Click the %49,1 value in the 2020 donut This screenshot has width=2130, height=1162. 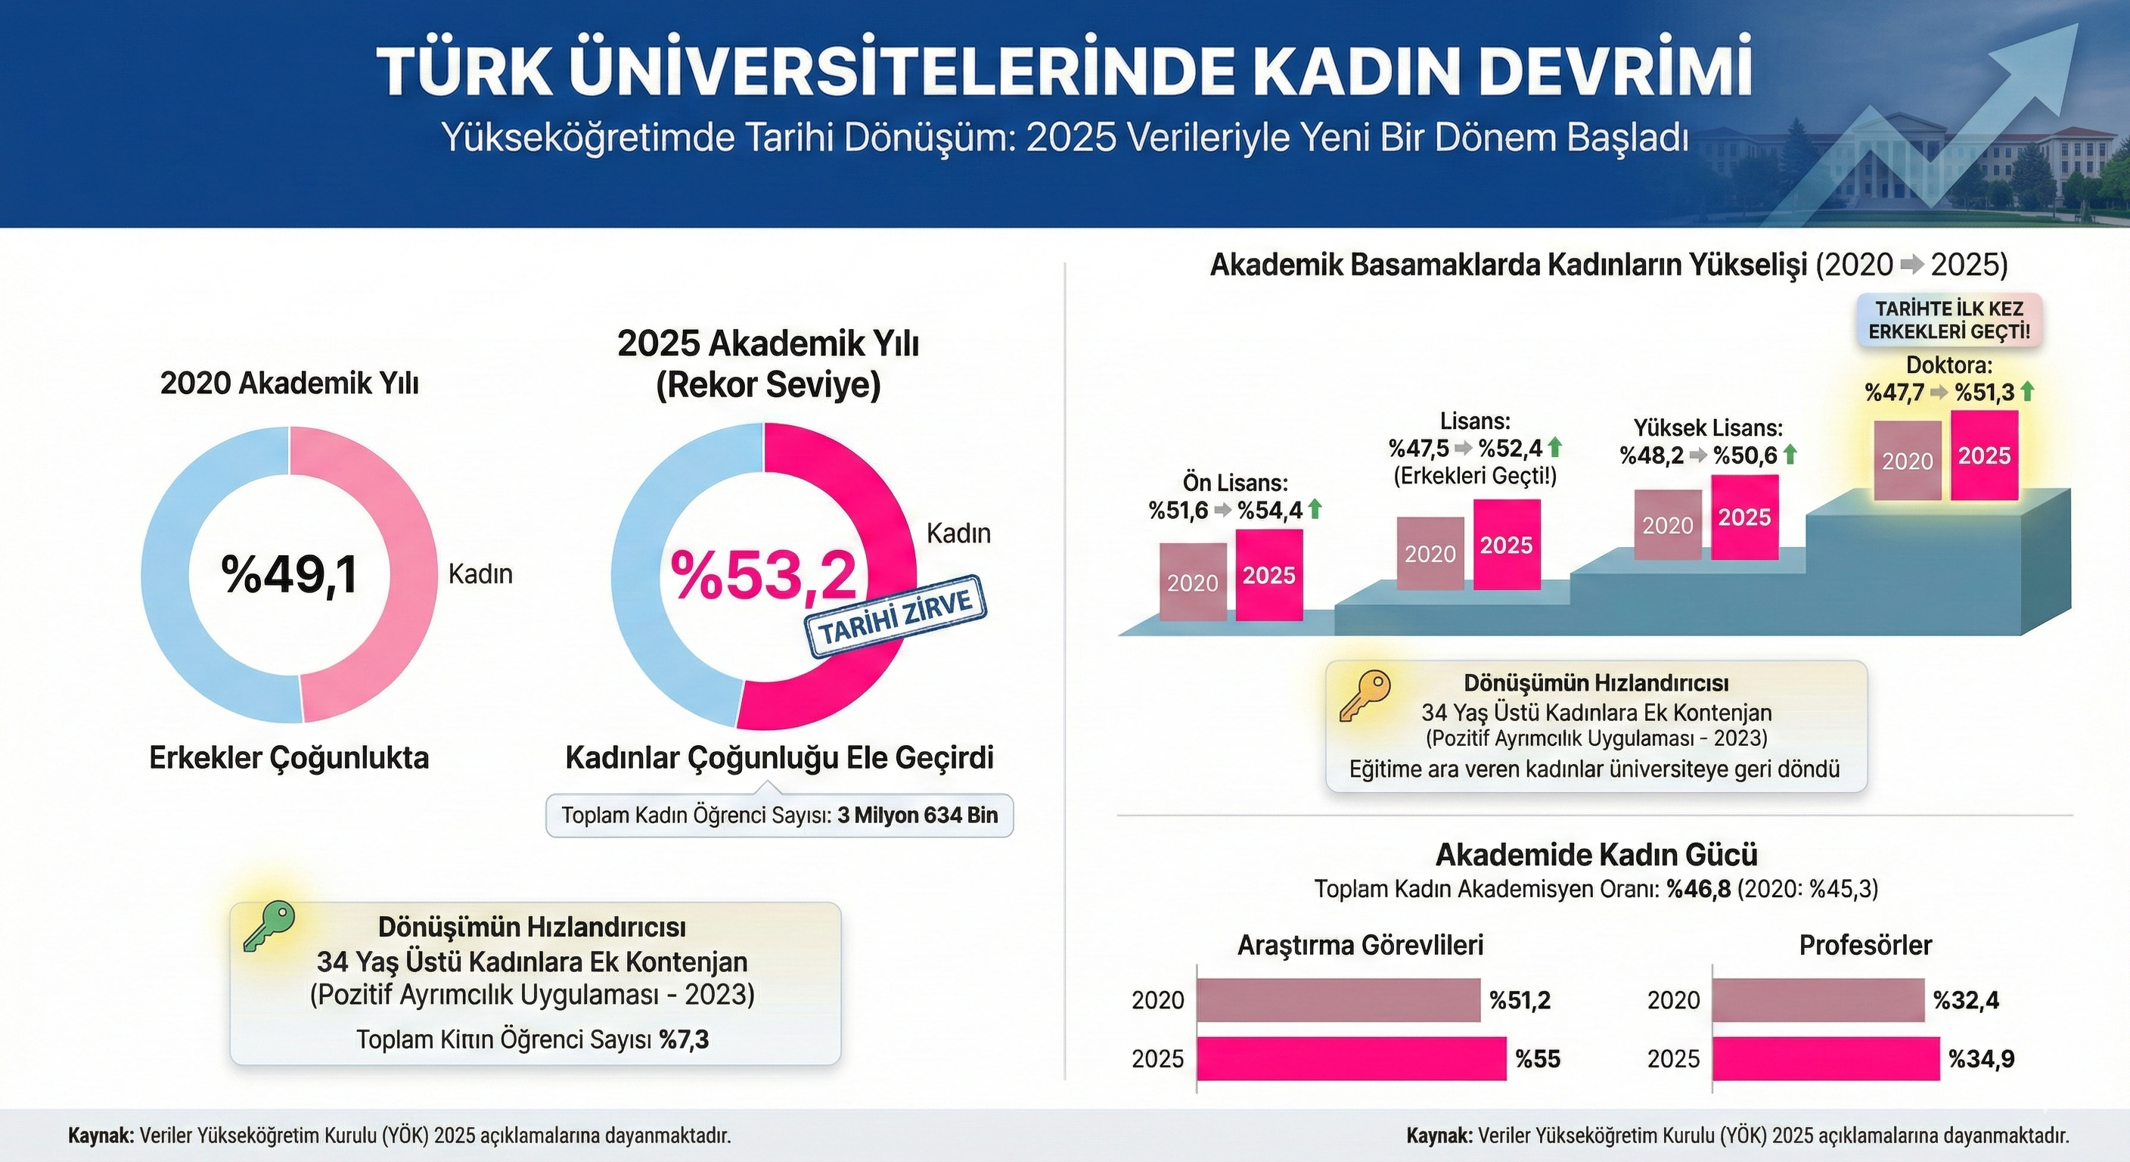point(290,575)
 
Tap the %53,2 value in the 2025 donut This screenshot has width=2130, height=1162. point(762,575)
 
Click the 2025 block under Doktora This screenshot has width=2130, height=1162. point(1985,455)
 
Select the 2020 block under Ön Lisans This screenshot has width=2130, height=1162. point(1192,583)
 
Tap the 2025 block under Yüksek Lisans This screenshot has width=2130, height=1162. point(1745,517)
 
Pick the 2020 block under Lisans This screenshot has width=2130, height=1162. point(1430,553)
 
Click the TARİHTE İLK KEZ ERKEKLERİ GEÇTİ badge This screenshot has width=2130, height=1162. point(1948,320)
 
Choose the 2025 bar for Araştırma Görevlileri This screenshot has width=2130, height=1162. point(1351,1058)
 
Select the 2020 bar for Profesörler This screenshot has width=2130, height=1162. point(1818,1000)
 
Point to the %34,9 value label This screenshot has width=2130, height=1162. point(1981,1058)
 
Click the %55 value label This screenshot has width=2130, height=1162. point(1538,1058)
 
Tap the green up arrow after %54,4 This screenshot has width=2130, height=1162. point(1315,509)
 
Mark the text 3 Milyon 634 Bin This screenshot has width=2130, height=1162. point(918,816)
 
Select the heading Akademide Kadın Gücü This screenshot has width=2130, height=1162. point(1596,853)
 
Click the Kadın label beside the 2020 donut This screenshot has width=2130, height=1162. point(480,574)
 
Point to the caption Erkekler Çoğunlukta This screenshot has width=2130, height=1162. point(290,757)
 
